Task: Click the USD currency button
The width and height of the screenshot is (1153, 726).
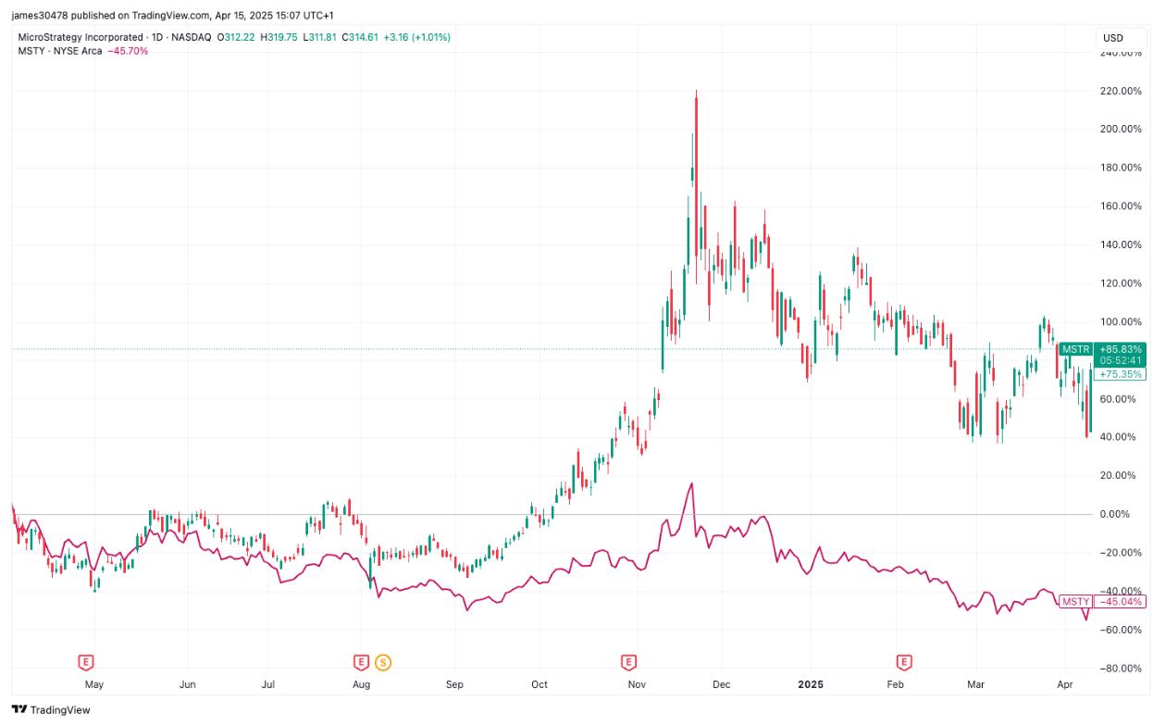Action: [x=1113, y=38]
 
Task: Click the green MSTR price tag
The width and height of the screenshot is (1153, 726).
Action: [x=1075, y=349]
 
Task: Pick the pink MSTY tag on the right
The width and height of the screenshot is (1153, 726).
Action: [x=1075, y=602]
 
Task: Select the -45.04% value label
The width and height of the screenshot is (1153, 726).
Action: [x=1121, y=602]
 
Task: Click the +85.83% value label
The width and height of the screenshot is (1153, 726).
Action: [x=1121, y=349]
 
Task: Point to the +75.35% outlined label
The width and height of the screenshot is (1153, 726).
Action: [x=1121, y=374]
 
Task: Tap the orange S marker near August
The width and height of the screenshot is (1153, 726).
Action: [x=382, y=661]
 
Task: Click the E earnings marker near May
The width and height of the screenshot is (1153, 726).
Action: [x=86, y=661]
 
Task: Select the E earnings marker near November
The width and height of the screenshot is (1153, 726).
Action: [x=628, y=661]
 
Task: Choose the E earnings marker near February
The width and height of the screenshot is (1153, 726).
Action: [x=903, y=661]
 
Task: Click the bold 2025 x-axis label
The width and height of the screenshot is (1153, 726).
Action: [x=810, y=685]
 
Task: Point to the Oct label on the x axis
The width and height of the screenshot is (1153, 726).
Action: [x=539, y=685]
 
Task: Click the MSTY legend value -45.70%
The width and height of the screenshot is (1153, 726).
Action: [x=128, y=51]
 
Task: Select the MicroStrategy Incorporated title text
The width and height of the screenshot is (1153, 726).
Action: [x=81, y=37]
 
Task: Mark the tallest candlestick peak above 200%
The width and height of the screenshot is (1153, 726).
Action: [x=695, y=93]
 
